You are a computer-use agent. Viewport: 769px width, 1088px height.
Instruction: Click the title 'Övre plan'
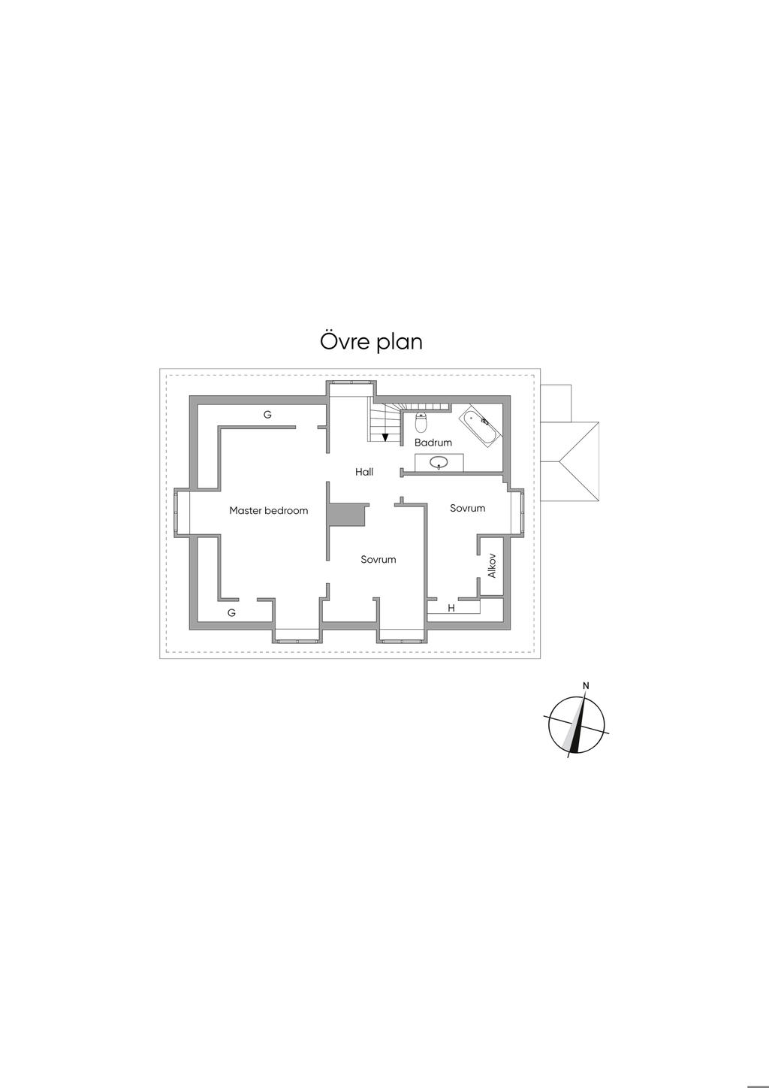pos(371,342)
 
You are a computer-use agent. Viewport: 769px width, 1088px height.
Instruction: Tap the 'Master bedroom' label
pos(268,511)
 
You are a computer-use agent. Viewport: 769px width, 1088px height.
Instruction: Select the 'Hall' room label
pos(364,472)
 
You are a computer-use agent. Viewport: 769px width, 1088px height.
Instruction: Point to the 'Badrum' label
pos(433,443)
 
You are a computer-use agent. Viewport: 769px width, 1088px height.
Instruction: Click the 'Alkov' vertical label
pos(492,565)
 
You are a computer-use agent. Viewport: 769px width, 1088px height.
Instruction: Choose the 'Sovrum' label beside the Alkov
pos(467,508)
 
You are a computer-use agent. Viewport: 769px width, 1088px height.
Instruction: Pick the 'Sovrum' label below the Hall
pos(378,560)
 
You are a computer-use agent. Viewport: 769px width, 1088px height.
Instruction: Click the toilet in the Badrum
pos(421,423)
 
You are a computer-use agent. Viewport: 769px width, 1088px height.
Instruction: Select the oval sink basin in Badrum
pos(439,463)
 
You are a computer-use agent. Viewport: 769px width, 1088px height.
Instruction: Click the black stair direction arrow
pos(384,437)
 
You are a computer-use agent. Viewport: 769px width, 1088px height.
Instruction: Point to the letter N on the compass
pos(586,685)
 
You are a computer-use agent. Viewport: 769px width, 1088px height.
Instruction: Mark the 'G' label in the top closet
pos(267,415)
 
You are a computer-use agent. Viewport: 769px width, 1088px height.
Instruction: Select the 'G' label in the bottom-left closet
pos(231,613)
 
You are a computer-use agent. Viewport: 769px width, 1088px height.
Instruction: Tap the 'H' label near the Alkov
pos(451,608)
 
